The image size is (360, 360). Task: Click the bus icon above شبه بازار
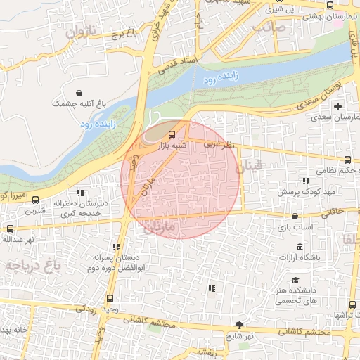pyautogui.click(x=173, y=134)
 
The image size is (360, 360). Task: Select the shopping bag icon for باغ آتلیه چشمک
pyautogui.click(x=79, y=92)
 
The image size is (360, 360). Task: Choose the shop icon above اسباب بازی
pyautogui.click(x=293, y=216)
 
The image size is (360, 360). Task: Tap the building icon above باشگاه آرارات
pyautogui.click(x=300, y=247)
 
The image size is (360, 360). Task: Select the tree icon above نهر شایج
pyautogui.click(x=240, y=325)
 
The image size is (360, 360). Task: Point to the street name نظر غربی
pyautogui.click(x=218, y=143)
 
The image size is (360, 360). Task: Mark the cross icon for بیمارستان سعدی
pyautogui.click(x=338, y=106)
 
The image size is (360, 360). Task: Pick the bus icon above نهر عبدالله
pyautogui.click(x=10, y=229)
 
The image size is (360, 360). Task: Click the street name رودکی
pyautogui.click(x=86, y=307)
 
